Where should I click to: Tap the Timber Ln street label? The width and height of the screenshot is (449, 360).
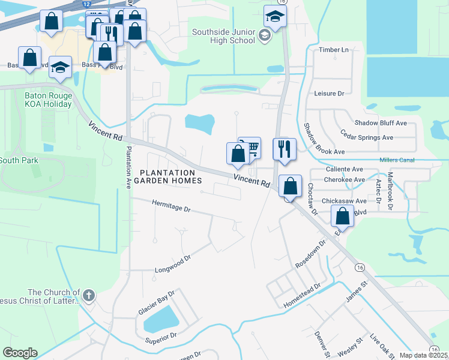pyautogui.click(x=334, y=50)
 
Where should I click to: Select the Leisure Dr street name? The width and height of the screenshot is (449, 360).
pyautogui.click(x=328, y=94)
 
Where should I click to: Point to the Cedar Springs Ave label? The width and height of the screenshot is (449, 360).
pyautogui.click(x=366, y=137)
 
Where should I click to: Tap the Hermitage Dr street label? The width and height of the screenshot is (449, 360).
pyautogui.click(x=170, y=209)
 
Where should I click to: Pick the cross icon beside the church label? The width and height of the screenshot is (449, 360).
pyautogui.click(x=88, y=295)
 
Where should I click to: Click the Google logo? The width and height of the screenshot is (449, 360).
pyautogui.click(x=20, y=353)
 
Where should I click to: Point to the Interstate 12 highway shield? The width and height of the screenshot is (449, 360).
pyautogui.click(x=87, y=4)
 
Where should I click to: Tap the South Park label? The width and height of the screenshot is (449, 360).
pyautogui.click(x=19, y=160)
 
